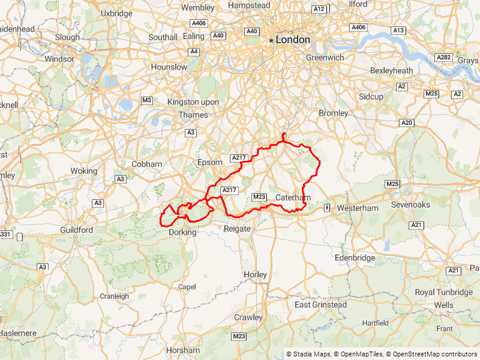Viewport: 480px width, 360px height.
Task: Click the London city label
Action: (x=293, y=40)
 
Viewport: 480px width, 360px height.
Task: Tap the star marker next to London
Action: (x=271, y=40)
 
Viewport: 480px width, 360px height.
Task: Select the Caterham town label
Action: (x=293, y=197)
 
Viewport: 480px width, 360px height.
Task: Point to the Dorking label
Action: (x=182, y=232)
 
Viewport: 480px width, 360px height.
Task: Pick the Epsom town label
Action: (x=209, y=163)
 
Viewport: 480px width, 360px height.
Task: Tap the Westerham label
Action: (x=358, y=208)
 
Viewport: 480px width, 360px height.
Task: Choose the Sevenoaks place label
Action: (x=410, y=205)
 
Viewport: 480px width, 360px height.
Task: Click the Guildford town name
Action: (x=76, y=230)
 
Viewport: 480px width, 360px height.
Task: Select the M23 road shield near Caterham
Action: (x=259, y=196)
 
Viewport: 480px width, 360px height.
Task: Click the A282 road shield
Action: (x=443, y=57)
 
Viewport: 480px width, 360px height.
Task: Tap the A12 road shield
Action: (x=319, y=9)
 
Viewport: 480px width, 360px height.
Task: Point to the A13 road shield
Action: (x=398, y=30)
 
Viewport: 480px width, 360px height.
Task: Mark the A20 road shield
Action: (x=407, y=122)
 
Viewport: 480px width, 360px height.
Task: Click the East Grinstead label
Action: (x=320, y=305)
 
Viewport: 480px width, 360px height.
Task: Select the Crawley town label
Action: (x=248, y=317)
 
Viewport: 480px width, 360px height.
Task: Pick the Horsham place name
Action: (x=184, y=350)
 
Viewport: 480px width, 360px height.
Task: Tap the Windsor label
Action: (x=59, y=59)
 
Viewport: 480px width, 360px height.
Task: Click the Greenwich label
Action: (x=325, y=58)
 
